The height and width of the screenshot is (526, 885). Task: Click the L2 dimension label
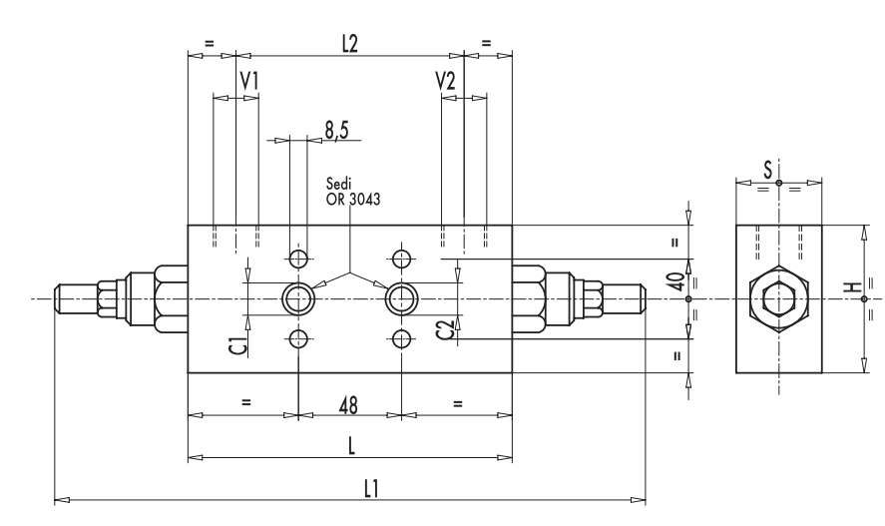click(x=350, y=44)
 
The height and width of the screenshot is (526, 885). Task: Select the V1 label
click(x=249, y=81)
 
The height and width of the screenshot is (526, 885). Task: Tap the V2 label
click(x=445, y=81)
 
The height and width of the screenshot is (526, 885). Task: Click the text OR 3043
click(x=353, y=198)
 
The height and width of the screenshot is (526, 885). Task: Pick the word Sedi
click(x=340, y=185)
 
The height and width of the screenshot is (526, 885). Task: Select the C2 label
click(x=446, y=329)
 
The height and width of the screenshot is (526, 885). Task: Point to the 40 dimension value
click(x=679, y=281)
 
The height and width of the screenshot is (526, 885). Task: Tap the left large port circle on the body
click(x=297, y=297)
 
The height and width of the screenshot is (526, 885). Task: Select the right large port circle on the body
click(x=401, y=297)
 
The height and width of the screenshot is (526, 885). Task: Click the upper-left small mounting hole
click(x=297, y=260)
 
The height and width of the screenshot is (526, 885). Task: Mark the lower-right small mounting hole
click(x=401, y=336)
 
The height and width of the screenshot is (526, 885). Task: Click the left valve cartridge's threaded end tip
click(x=62, y=298)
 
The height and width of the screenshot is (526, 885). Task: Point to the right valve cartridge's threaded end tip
click(x=638, y=298)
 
